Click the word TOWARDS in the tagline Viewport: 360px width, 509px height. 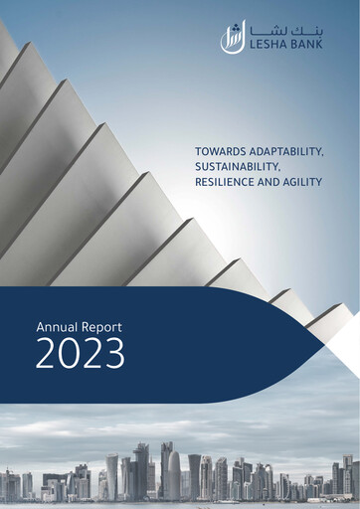pyautogui.click(x=212, y=150)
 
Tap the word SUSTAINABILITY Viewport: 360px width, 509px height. pyautogui.click(x=232, y=165)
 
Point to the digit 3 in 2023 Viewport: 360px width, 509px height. pyautogui.click(x=113, y=353)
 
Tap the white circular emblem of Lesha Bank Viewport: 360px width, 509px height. pyautogui.click(x=232, y=37)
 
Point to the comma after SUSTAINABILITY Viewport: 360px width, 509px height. pyautogui.click(x=281, y=168)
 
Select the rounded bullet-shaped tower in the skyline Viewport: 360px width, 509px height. pyautogui.click(x=174, y=475)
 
